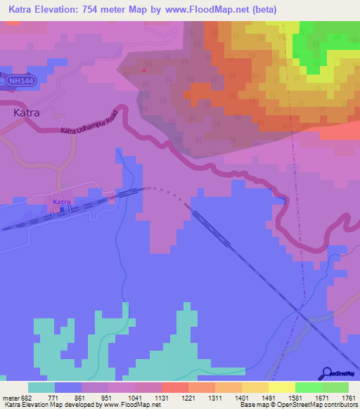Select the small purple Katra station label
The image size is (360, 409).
(63, 202)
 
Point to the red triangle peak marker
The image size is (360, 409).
(145, 70)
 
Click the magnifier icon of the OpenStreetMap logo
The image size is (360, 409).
(327, 372)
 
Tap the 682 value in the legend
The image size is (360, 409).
(26, 397)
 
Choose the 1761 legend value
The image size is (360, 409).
(347, 397)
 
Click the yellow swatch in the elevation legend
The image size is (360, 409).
(282, 387)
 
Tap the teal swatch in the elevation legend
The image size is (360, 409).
(41, 387)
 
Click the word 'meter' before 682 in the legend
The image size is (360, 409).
(9, 397)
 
